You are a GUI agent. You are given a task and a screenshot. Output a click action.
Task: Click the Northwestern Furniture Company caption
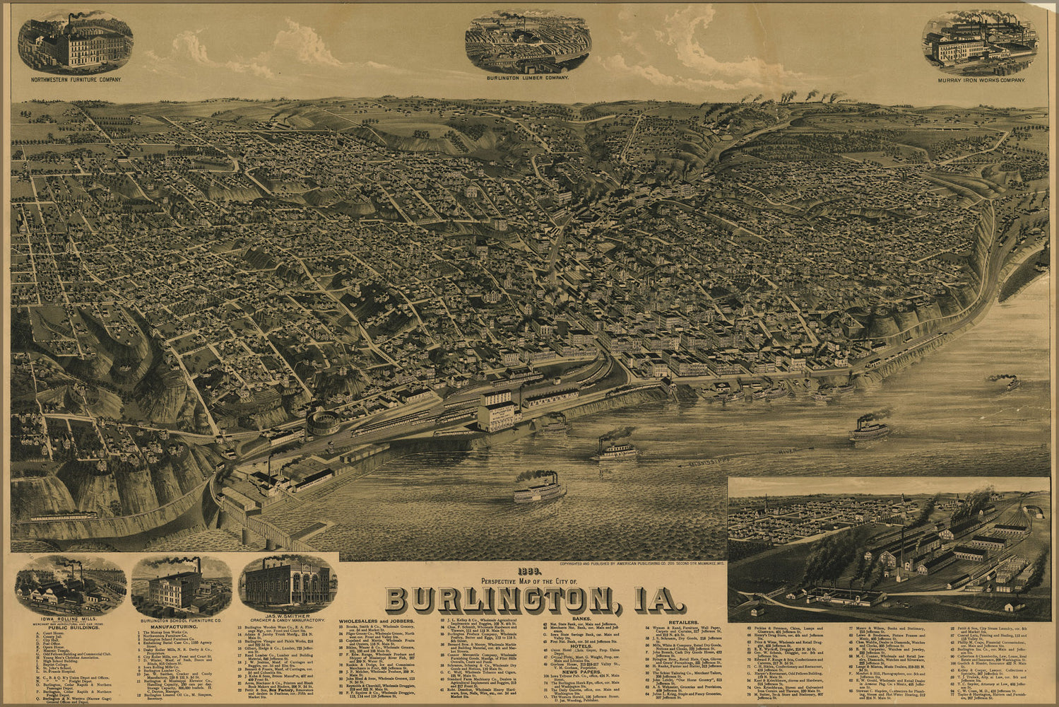coord(76,80)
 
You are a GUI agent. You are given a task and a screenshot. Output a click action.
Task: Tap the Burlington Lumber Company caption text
coord(528,77)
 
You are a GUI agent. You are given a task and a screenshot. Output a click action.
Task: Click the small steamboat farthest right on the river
coord(1009,384)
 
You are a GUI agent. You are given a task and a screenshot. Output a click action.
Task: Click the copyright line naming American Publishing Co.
coord(641,564)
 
